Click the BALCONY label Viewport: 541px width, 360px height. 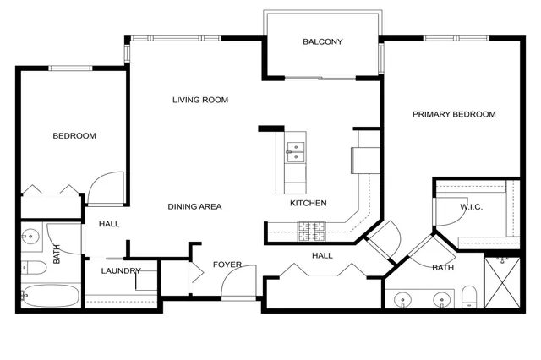click(323, 42)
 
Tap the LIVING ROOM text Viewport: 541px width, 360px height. click(200, 100)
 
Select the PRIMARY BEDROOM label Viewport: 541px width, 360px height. click(453, 115)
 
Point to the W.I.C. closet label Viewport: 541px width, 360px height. click(471, 207)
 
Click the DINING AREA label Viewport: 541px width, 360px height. click(194, 206)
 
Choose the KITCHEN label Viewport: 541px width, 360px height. click(308, 204)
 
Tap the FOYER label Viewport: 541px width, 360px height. click(227, 265)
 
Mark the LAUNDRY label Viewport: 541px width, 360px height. click(120, 271)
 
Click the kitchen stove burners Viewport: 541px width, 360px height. click(311, 227)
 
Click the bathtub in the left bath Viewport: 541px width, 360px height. click(49, 297)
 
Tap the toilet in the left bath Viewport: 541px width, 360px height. click(33, 268)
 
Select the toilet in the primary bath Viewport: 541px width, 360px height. click(469, 297)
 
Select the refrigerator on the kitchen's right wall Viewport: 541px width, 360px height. click(361, 159)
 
